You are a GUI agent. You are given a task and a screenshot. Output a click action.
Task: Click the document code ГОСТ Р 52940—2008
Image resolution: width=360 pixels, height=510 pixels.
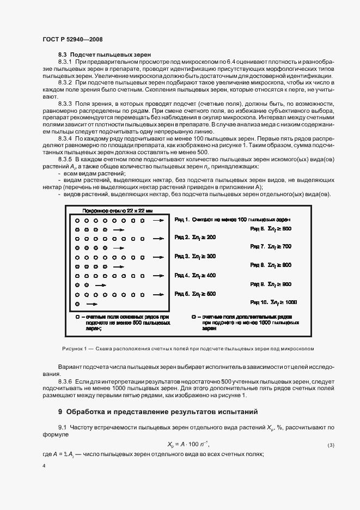point(72,40)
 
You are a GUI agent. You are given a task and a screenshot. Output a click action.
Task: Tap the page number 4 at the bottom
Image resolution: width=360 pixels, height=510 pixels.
point(44,466)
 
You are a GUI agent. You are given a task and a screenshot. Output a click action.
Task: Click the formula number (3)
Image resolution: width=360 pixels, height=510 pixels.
point(331,445)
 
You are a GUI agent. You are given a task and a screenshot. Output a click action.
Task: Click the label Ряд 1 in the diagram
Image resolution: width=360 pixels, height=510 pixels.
point(182,219)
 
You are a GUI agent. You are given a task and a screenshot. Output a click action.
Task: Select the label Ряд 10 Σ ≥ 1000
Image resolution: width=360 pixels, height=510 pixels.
point(273,302)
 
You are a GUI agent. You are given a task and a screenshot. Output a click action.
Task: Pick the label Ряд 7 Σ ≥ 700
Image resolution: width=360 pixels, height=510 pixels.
point(271,247)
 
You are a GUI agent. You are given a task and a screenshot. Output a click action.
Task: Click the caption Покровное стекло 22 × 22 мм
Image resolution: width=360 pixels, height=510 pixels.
point(111,210)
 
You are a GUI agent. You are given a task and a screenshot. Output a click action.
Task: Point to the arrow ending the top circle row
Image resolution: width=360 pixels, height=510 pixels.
point(158,221)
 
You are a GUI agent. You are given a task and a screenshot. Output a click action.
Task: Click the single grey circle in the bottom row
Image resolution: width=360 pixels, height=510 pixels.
point(77,303)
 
